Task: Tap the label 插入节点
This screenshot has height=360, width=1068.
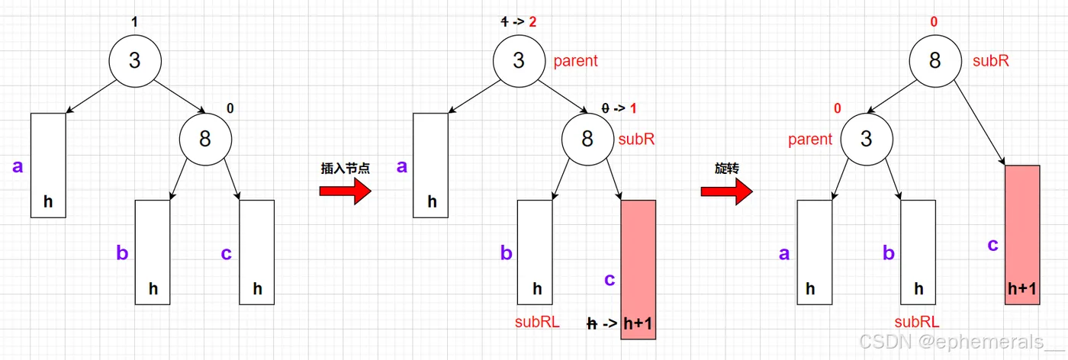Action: coord(345,169)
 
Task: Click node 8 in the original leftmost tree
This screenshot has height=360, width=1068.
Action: coord(205,139)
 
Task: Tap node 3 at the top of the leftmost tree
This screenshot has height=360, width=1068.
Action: coord(134,59)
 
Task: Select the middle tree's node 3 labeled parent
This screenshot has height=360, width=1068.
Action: coord(519,59)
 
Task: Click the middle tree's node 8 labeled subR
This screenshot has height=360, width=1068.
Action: coord(587,139)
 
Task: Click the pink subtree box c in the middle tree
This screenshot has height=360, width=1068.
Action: coord(639,259)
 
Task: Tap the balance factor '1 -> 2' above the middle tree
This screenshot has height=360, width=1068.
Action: coord(518,21)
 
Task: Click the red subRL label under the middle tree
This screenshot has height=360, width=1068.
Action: coord(537,322)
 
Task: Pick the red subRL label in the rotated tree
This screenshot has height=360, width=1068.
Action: coord(917,322)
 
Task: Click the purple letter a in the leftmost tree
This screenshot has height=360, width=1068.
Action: coord(17,166)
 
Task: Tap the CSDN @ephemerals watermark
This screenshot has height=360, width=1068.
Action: coord(960,342)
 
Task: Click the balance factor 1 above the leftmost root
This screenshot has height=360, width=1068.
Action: coord(134,21)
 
